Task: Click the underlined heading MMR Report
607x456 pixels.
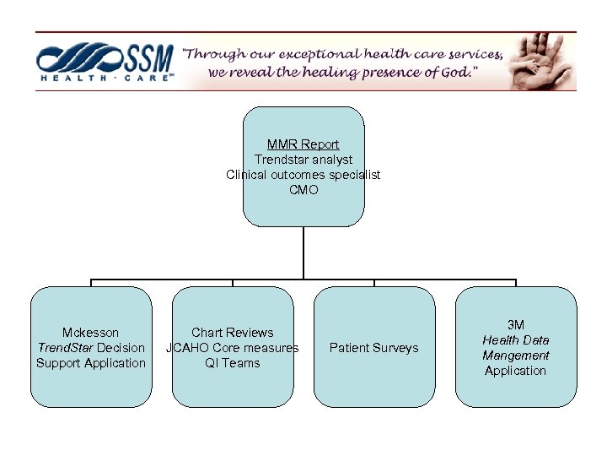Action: tap(303, 144)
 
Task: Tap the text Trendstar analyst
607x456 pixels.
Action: tap(303, 160)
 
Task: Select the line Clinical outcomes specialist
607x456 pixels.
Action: tap(303, 175)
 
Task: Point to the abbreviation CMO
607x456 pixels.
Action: tap(303, 190)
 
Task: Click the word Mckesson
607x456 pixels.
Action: tap(91, 333)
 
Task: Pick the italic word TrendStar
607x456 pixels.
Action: tap(66, 348)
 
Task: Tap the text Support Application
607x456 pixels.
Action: tap(91, 363)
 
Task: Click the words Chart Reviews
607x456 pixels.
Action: tap(233, 333)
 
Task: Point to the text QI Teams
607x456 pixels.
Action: tap(233, 363)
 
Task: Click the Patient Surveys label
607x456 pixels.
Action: tap(373, 348)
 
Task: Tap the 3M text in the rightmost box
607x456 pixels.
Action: tap(516, 325)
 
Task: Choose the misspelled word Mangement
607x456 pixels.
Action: tap(516, 356)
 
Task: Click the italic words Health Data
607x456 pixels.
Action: tap(516, 340)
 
